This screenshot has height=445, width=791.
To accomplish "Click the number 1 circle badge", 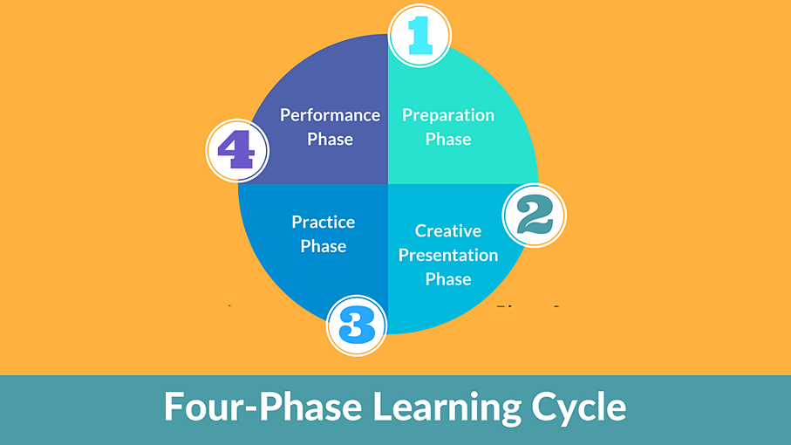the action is coord(419,35).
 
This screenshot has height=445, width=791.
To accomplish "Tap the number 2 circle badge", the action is coord(535,215).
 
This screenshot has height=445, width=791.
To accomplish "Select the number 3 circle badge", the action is coord(357,325).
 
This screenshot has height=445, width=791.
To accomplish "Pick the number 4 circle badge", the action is coord(237,150).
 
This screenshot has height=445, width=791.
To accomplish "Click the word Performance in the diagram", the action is coord(330,115).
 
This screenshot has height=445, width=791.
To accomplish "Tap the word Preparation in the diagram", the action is coord(448,115).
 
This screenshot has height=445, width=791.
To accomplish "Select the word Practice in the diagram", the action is coord(324,222).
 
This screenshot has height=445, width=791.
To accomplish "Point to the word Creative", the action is coord(448,230).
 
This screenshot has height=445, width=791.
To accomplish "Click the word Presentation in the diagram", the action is coord(448,255).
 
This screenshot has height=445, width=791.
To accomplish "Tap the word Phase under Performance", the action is coord(330,139).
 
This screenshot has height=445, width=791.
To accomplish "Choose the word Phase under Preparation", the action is coord(448,139).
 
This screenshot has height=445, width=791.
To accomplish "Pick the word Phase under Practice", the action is coord(324,246).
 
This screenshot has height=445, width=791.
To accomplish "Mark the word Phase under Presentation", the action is coord(448,279).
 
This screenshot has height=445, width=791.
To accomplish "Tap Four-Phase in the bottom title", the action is coord(263,406).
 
